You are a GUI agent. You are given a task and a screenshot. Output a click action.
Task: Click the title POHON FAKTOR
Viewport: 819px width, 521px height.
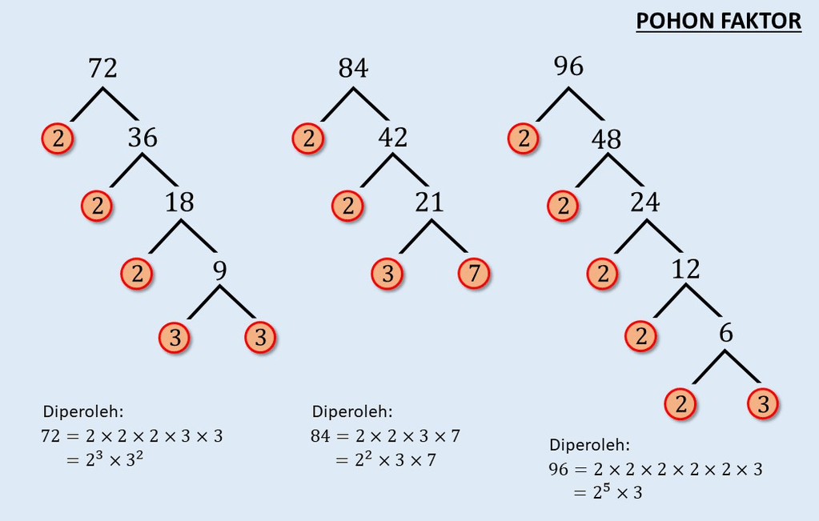click(x=718, y=22)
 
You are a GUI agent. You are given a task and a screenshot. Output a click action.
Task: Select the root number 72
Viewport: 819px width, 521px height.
click(x=102, y=68)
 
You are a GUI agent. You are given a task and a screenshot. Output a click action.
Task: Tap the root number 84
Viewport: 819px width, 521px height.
click(x=353, y=68)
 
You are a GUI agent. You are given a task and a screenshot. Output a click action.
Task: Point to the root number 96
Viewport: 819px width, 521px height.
click(x=568, y=66)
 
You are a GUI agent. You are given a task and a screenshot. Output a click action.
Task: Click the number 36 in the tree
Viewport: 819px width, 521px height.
click(x=143, y=138)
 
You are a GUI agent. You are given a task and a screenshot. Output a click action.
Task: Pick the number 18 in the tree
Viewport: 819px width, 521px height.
click(x=179, y=202)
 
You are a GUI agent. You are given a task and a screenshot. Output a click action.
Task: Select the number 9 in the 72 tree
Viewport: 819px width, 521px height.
click(x=220, y=271)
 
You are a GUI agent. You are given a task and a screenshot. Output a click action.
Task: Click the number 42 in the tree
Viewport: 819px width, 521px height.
click(x=393, y=138)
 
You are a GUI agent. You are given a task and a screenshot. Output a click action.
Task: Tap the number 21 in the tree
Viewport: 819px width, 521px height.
click(x=429, y=202)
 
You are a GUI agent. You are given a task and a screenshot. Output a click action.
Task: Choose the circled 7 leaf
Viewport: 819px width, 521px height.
click(x=474, y=273)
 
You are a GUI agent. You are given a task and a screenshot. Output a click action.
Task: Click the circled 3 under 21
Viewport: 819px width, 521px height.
click(x=387, y=273)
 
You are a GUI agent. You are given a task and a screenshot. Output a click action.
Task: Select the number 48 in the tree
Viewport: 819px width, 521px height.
click(x=606, y=139)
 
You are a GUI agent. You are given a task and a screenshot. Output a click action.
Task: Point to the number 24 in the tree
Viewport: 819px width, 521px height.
click(x=645, y=202)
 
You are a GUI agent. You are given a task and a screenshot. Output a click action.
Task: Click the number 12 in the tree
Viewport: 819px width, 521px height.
click(x=685, y=270)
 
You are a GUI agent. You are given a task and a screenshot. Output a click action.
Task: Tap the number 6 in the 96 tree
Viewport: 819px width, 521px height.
click(x=726, y=333)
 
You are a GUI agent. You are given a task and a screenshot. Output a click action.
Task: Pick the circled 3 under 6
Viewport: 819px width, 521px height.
click(x=763, y=404)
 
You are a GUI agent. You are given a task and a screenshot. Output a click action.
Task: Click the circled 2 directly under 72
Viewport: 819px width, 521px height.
click(x=58, y=138)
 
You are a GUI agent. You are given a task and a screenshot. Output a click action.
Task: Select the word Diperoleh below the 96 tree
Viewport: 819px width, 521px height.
click(x=590, y=445)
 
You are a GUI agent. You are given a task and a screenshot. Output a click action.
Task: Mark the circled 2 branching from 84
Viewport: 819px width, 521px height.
click(x=308, y=138)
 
